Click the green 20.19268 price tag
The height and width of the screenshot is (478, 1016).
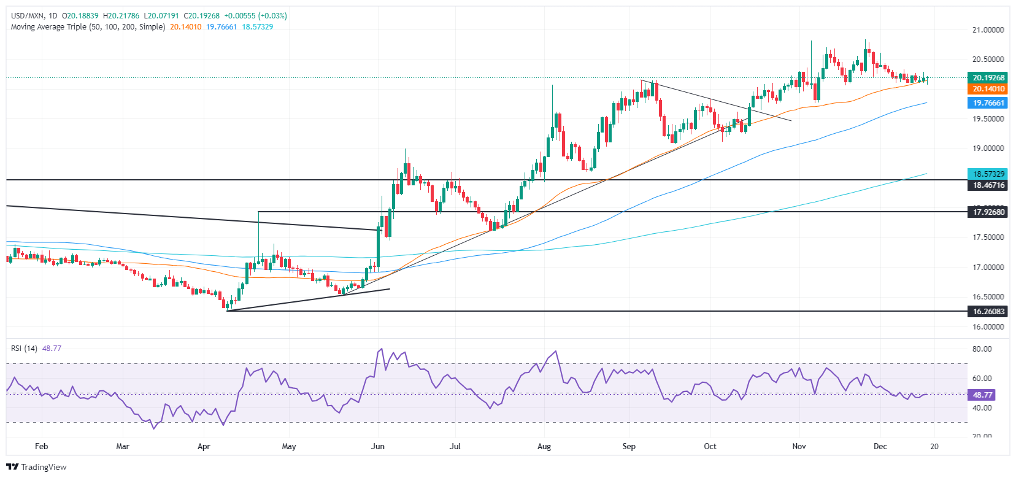click(x=988, y=78)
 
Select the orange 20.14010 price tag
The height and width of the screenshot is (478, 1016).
click(x=988, y=89)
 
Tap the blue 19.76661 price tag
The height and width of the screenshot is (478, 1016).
click(x=988, y=103)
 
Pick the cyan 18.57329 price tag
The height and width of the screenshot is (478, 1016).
click(x=988, y=174)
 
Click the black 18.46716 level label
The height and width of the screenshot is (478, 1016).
click(x=988, y=185)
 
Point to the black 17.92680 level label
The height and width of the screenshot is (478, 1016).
click(x=988, y=212)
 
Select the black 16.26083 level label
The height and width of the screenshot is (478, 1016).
click(x=988, y=312)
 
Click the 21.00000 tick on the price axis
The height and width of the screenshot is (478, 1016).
click(x=988, y=30)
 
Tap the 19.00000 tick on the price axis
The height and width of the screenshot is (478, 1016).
click(x=988, y=148)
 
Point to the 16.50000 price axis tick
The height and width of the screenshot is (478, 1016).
click(x=988, y=297)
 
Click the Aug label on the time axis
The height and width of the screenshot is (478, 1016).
click(x=544, y=446)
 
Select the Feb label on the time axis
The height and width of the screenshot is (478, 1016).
click(x=41, y=446)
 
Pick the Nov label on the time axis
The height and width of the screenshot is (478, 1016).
click(x=799, y=446)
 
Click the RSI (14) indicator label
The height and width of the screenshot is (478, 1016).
click(x=24, y=349)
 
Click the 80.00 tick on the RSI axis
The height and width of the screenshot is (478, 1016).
click(x=982, y=349)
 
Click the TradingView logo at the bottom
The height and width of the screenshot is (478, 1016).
click(x=37, y=467)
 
